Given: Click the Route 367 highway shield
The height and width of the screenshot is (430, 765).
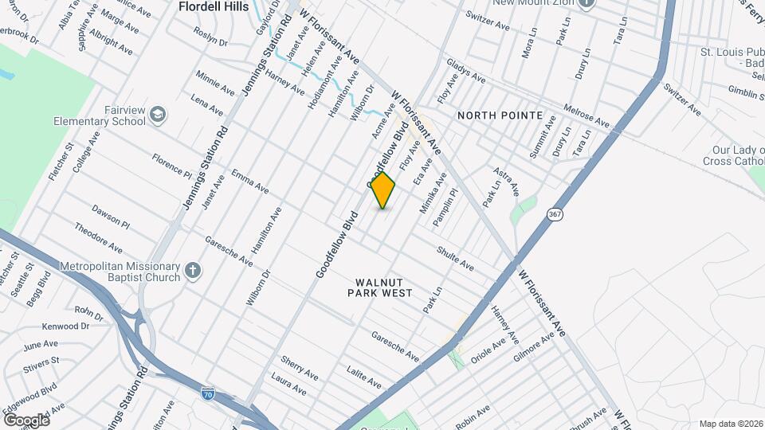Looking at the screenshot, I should pyautogui.click(x=555, y=214).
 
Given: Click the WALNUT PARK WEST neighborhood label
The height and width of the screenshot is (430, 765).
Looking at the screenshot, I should pyautogui.click(x=380, y=287).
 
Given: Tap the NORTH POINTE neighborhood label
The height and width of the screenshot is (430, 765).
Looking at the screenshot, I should pyautogui.click(x=500, y=115).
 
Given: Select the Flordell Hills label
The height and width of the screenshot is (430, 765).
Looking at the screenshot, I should pyautogui.click(x=214, y=7).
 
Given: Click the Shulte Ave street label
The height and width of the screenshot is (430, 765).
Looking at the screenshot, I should pyautogui.click(x=455, y=257).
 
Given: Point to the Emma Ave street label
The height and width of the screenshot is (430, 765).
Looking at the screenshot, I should pyautogui.click(x=249, y=180).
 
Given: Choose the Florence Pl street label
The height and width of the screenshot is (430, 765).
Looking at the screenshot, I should pyautogui.click(x=173, y=163).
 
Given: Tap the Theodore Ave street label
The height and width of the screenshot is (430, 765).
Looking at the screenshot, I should pyautogui.click(x=98, y=236).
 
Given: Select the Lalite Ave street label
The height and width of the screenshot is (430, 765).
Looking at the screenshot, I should pyautogui.click(x=364, y=377).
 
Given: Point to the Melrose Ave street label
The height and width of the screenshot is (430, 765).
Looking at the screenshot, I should pyautogui.click(x=586, y=115).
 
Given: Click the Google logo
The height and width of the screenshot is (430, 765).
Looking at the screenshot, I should pyautogui.click(x=26, y=420).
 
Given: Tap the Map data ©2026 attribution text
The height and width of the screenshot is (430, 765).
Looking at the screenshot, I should pyautogui.click(x=730, y=424).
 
